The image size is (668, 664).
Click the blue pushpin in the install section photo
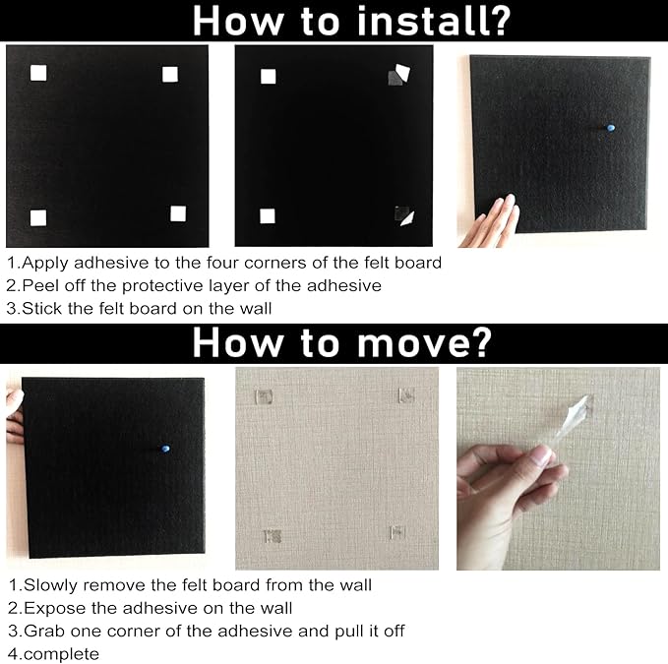pyautogui.click(x=609, y=128)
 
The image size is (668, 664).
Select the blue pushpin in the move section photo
pyautogui.click(x=164, y=449)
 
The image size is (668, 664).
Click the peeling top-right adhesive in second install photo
pyautogui.click(x=396, y=75)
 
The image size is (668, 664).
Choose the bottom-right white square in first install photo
pyautogui.click(x=178, y=213)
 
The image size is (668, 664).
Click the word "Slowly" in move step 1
pyautogui.click(x=52, y=584)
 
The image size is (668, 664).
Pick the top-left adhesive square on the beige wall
pyautogui.click(x=263, y=396)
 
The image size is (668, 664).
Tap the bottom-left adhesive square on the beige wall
pyautogui.click(x=273, y=535)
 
